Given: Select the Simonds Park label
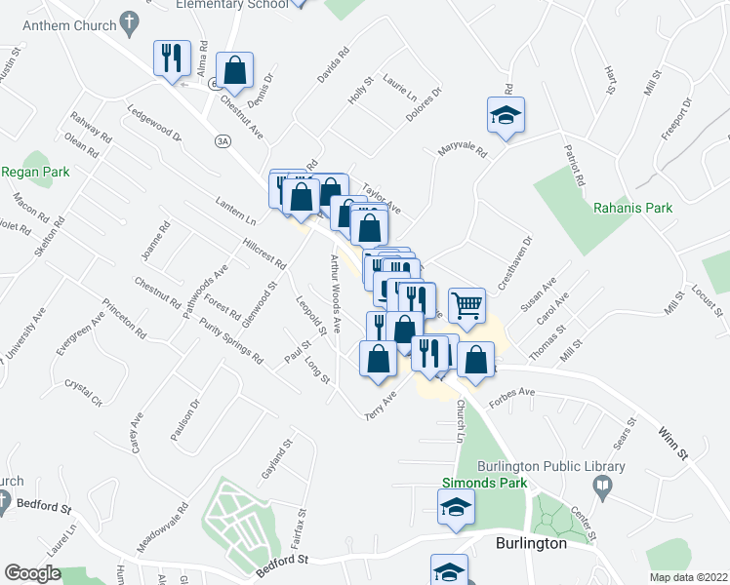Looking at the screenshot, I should tap(484, 483).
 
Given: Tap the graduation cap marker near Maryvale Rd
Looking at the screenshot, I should tap(506, 115).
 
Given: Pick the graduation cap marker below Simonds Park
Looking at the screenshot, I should tap(456, 508).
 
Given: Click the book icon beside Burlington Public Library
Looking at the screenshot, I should tap(604, 485).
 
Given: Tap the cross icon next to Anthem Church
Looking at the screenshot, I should tap(129, 21).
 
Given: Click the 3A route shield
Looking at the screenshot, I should tap(223, 141).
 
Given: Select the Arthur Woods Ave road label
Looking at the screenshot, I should tap(335, 290).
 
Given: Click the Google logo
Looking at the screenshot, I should tap(32, 573).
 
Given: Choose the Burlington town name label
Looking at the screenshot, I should tap(531, 543).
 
